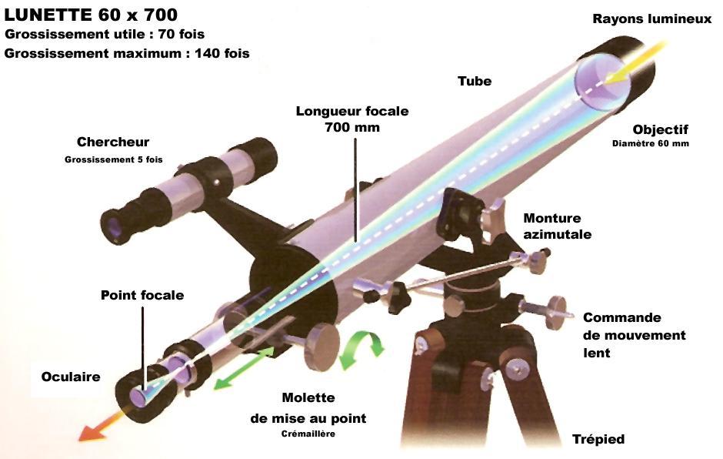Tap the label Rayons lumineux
point(651,18)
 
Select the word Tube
point(474,81)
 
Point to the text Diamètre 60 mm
point(651,143)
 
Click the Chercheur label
point(113,142)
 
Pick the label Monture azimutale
point(551,226)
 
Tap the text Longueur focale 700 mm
point(352,119)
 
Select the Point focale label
point(142,295)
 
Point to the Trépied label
point(598,439)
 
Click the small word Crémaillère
point(308,434)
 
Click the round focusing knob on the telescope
point(323,347)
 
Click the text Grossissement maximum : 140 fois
point(127,53)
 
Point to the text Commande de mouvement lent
point(634,335)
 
